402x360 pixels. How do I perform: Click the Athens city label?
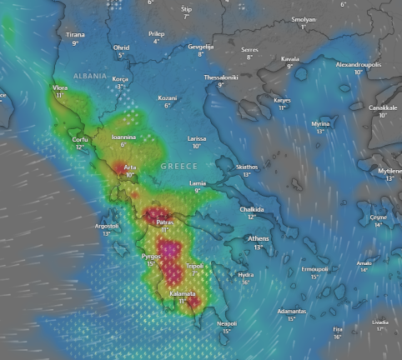coord(259,238)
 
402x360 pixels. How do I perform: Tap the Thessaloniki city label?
coord(221,77)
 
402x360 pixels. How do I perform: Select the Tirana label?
coord(75,34)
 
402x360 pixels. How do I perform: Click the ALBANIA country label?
coord(90,76)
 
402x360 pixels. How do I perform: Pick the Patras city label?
coord(165,222)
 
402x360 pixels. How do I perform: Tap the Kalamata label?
coord(183,293)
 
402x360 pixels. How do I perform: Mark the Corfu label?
coord(80,139)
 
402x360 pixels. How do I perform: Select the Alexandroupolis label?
coord(358,64)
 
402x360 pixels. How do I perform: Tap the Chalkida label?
coord(252,209)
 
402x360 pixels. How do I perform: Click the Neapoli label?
coord(227,323)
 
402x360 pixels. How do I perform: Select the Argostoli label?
coord(107,226)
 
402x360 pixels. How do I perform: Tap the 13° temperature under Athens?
coord(259,247)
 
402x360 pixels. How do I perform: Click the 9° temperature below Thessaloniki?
coord(221,85)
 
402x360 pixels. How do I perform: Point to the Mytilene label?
coord(389,170)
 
